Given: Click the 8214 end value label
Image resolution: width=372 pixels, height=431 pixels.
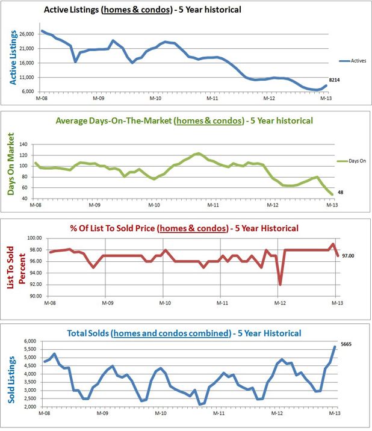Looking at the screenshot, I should (x=336, y=79).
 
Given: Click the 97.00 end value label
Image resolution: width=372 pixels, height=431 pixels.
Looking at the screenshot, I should (x=348, y=256).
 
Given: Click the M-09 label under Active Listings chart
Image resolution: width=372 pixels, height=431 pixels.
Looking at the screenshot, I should (x=99, y=98).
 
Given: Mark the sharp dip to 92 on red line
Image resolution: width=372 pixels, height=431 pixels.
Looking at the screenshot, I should (x=280, y=284).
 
